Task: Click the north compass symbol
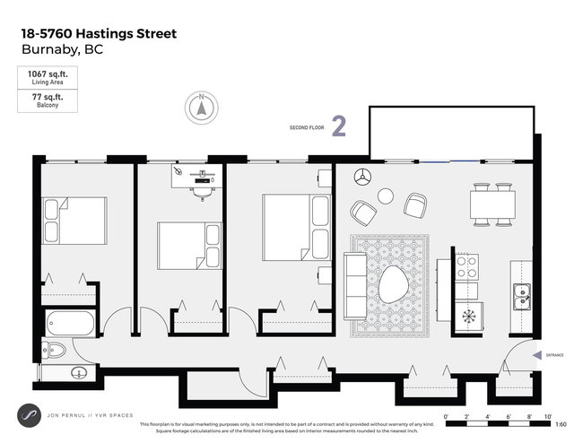tap(201, 109)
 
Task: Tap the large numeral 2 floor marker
tap(339, 126)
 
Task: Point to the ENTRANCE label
tap(553, 355)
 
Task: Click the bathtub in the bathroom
tap(67, 320)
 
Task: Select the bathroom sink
tap(79, 373)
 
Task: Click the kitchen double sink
tap(521, 297)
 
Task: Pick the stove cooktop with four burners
tap(467, 266)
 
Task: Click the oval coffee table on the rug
tap(392, 286)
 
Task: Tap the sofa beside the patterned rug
tap(355, 286)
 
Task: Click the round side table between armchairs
tap(386, 195)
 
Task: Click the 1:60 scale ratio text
tap(561, 424)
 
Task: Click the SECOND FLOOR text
tap(306, 128)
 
